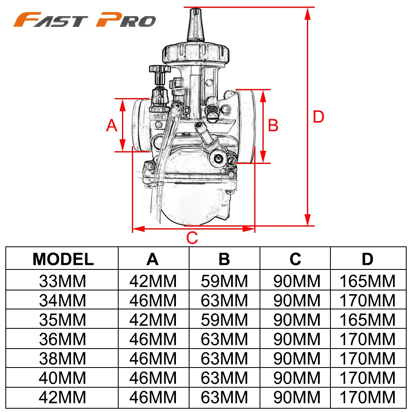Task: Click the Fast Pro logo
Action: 84,19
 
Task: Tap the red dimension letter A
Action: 111,125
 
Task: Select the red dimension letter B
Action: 273,125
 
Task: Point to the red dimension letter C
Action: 192,238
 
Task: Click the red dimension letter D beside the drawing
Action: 318,117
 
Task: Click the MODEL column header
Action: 63,259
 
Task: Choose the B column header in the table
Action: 224,259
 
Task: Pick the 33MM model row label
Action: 63,281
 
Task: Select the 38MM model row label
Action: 63,358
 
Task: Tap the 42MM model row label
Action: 63,397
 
